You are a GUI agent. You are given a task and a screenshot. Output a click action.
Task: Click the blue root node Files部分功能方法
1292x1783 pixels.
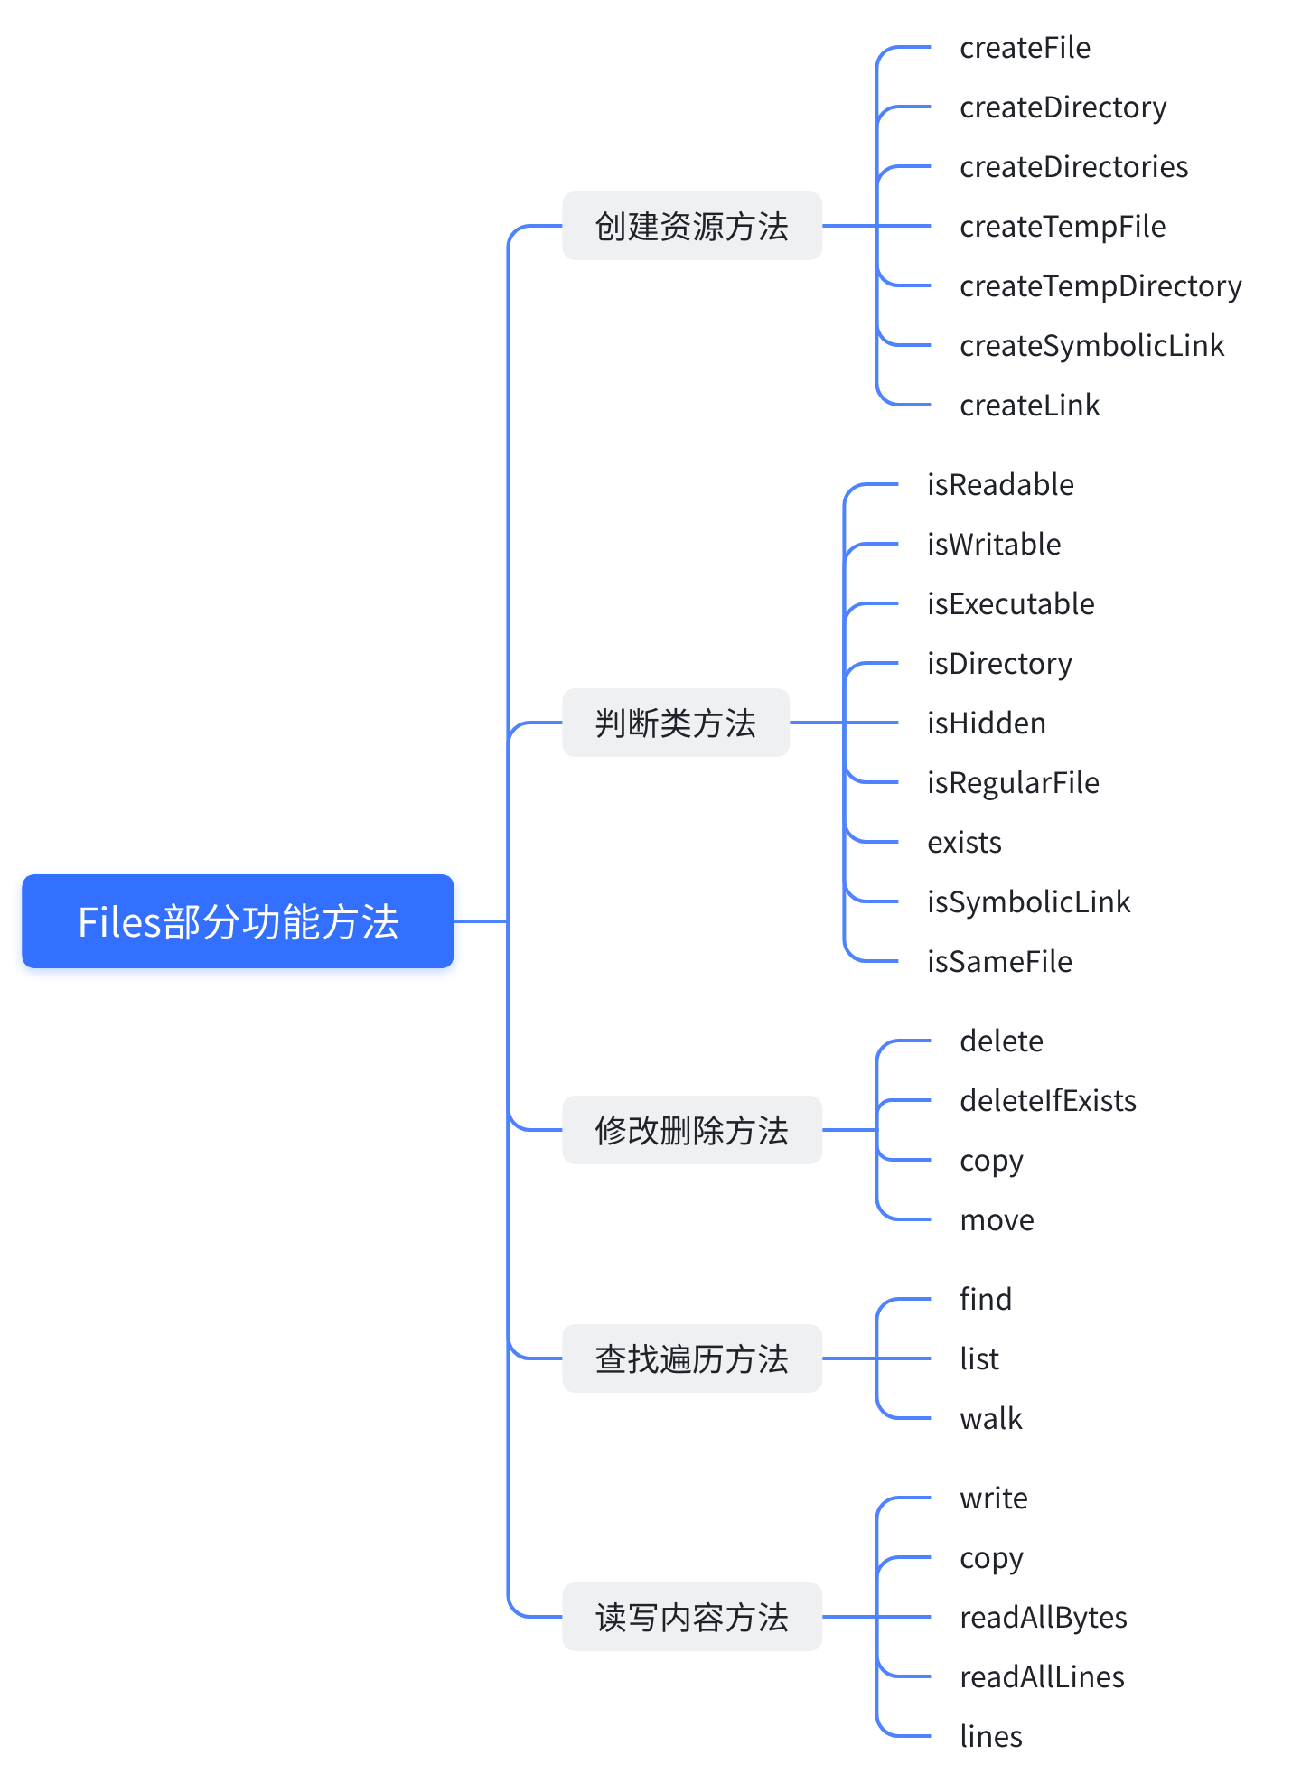238,921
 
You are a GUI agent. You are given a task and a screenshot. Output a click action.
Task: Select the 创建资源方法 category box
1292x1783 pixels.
692,226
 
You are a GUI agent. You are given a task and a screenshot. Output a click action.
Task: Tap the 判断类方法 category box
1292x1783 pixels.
676,723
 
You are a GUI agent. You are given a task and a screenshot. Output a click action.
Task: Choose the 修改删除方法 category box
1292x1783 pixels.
692,1130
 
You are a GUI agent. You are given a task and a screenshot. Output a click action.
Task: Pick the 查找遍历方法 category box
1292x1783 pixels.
692,1358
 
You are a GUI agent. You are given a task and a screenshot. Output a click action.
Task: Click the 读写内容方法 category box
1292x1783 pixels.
692,1617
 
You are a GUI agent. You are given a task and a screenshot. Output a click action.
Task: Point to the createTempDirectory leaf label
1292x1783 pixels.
1100,286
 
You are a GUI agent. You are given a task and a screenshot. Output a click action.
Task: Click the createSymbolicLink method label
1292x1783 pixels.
1091,346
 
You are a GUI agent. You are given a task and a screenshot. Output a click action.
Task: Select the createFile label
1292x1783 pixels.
1025,48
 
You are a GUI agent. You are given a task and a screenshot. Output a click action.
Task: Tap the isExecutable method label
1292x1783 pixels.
1010,604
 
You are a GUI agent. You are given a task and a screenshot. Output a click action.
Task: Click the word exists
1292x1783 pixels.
964,843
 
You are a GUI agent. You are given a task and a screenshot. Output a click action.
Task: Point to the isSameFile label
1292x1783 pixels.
999,962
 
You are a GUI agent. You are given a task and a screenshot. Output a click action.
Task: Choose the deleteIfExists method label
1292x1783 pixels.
1048,1101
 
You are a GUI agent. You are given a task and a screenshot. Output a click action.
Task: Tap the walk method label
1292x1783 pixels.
991,1419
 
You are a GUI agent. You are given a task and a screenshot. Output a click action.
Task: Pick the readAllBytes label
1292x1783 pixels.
1044,1618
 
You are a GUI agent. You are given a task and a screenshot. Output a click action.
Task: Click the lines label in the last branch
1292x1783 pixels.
991,1737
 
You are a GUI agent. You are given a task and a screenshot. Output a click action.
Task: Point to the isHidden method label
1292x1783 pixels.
987,723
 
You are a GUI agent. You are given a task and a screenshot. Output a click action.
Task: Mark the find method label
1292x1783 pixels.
986,1300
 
